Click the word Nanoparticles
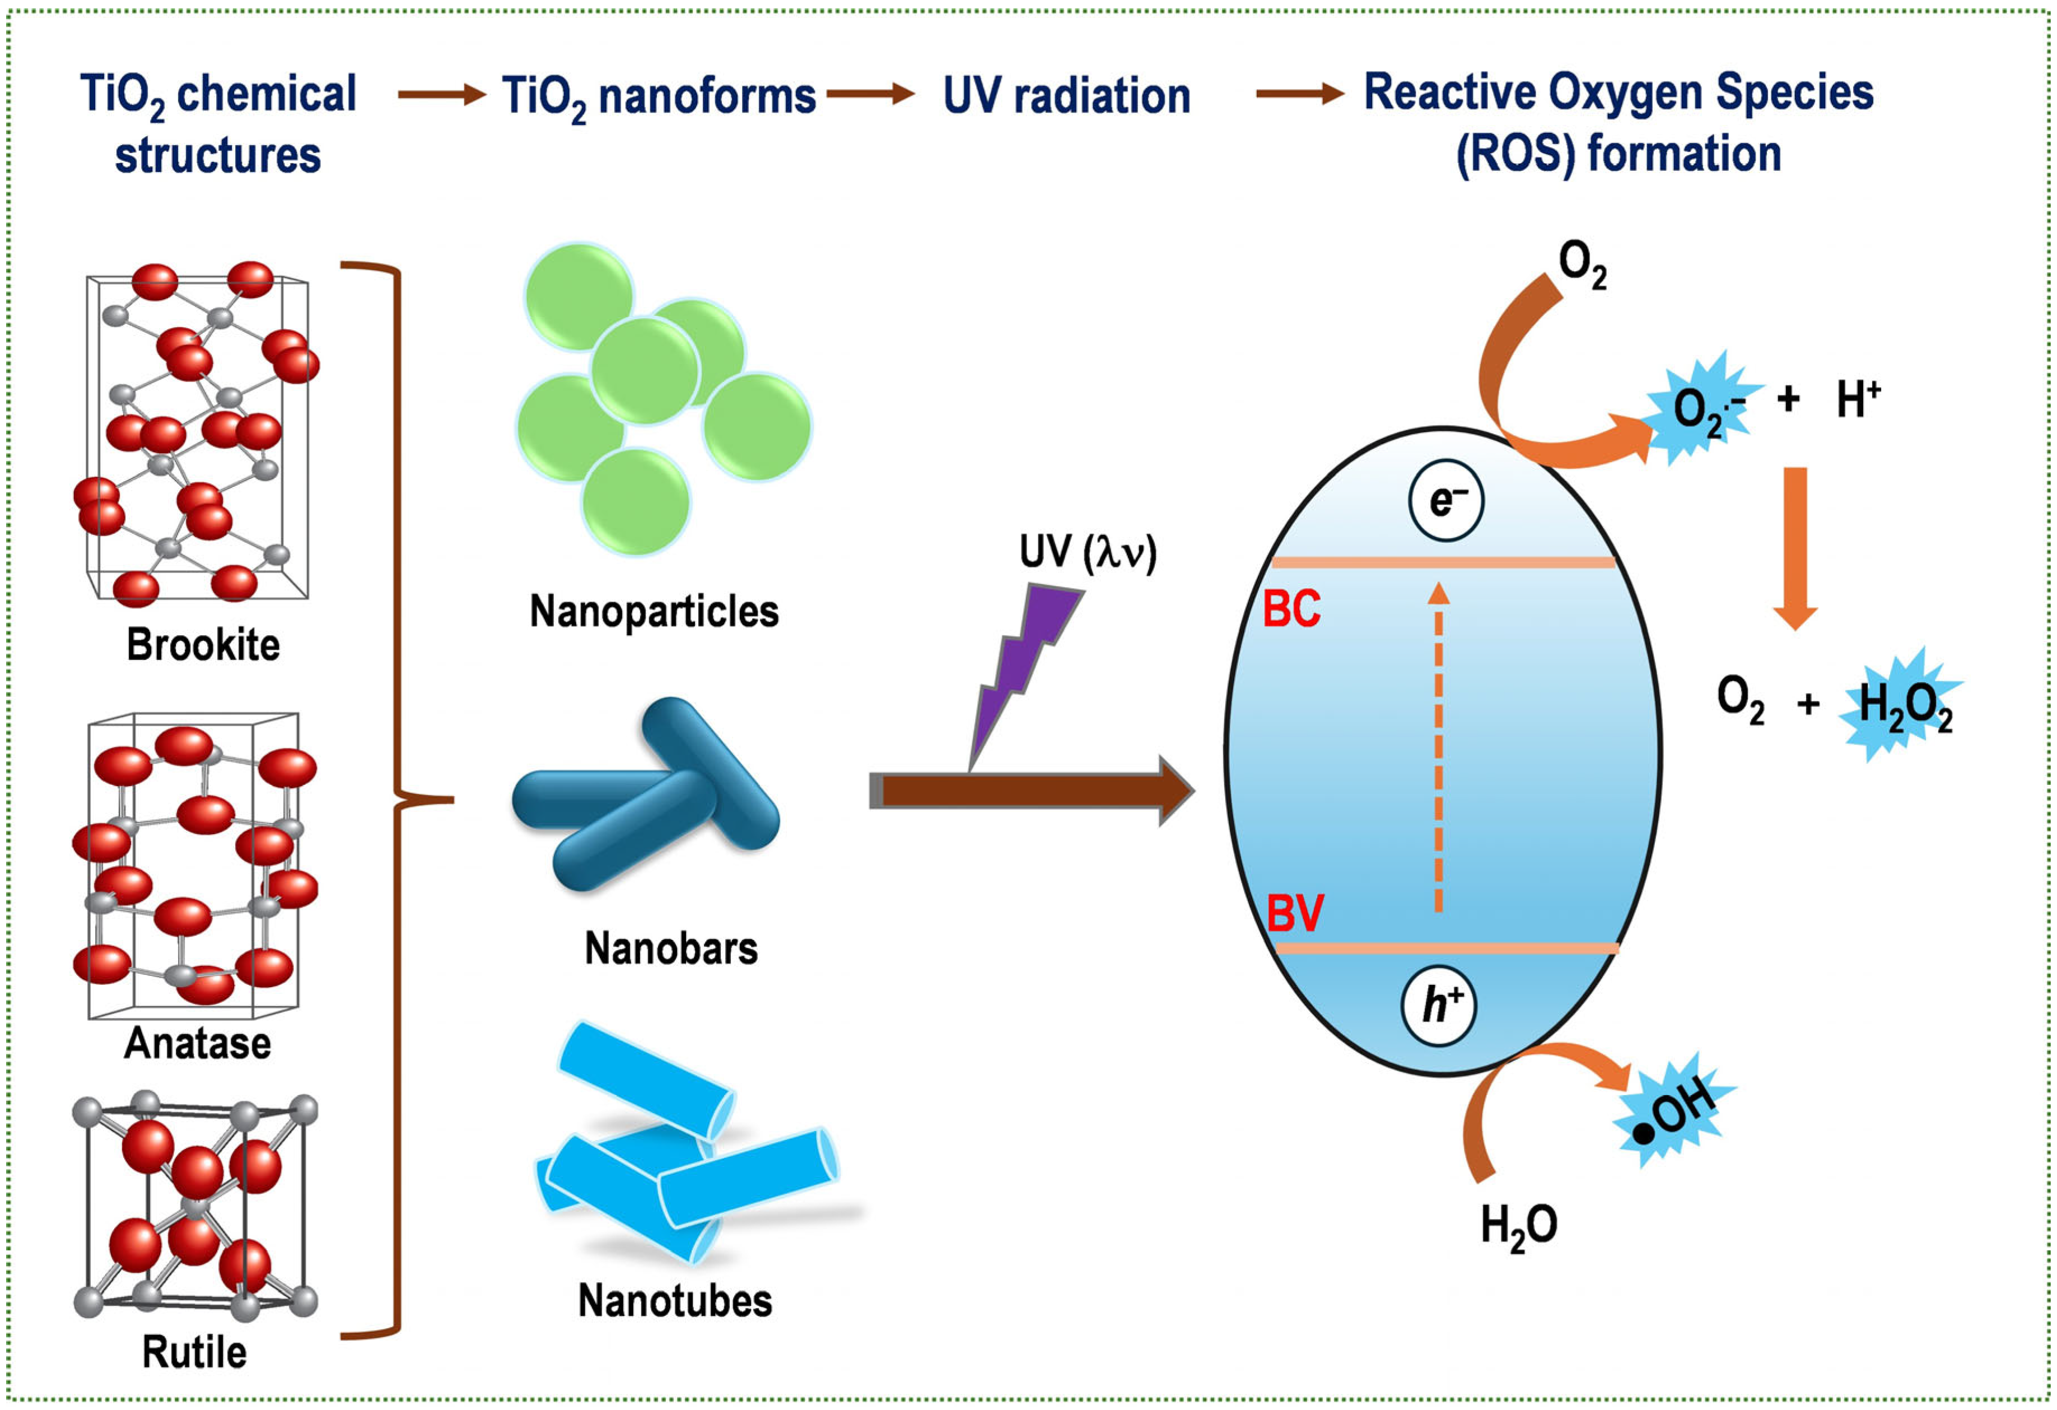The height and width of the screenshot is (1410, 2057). [654, 612]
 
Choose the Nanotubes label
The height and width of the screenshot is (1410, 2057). [674, 1301]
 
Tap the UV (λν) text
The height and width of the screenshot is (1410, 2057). [1088, 552]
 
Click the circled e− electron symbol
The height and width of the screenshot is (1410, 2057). [1445, 501]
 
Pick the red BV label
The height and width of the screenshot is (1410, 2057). [1295, 914]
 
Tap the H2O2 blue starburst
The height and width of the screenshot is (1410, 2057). [1903, 705]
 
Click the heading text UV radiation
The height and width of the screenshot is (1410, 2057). [1066, 96]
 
